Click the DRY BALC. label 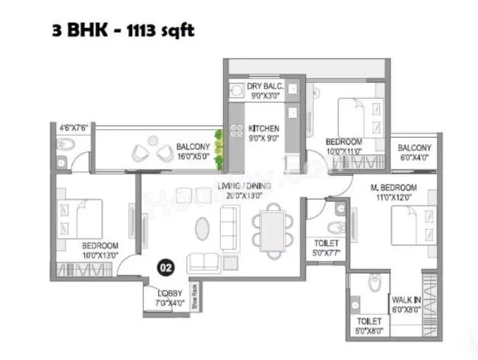(x=265, y=88)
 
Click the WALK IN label (x=403, y=300)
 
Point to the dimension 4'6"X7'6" (x=75, y=128)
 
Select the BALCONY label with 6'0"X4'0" (x=415, y=148)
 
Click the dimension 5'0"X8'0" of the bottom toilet (x=369, y=332)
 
